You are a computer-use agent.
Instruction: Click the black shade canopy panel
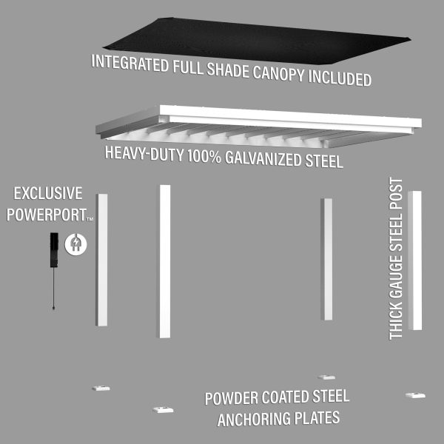256,41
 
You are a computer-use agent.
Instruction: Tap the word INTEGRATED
130,64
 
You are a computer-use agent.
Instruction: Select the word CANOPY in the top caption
278,73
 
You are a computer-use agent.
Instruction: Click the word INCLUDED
340,78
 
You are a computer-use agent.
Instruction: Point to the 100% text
204,156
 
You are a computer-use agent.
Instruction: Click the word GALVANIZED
263,159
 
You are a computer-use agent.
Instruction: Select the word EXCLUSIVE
48,193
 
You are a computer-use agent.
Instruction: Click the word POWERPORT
47,215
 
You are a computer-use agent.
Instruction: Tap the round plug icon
75,244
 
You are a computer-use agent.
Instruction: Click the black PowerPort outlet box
54,250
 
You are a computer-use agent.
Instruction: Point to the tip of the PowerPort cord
53,308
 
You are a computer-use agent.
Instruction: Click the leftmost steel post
101,260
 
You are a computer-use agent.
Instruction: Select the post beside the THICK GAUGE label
415,260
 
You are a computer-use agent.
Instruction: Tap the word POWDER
232,398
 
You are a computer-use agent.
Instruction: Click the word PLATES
317,418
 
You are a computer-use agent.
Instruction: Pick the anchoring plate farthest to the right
415,395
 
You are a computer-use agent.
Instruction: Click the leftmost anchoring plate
101,388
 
